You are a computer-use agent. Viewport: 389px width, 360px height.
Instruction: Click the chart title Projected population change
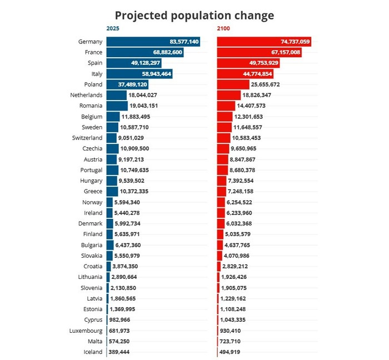(194, 15)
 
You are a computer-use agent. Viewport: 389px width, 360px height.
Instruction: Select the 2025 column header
(113, 28)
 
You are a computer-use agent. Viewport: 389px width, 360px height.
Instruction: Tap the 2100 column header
(223, 28)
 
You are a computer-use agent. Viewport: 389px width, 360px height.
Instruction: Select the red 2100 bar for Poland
(233, 84)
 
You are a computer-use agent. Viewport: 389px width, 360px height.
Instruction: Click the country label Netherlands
(87, 95)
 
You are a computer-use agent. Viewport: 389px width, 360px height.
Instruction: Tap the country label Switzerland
(87, 138)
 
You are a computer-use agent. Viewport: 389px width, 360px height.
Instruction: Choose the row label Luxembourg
(87, 331)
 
